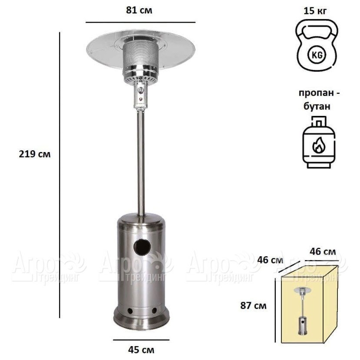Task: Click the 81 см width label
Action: point(139,10)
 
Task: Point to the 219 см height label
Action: point(35,154)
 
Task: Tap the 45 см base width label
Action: point(141,350)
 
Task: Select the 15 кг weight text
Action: point(315,11)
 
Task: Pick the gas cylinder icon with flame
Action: point(319,142)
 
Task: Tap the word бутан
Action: point(317,106)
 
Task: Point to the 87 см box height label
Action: point(254,306)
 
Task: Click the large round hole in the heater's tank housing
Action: point(142,248)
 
